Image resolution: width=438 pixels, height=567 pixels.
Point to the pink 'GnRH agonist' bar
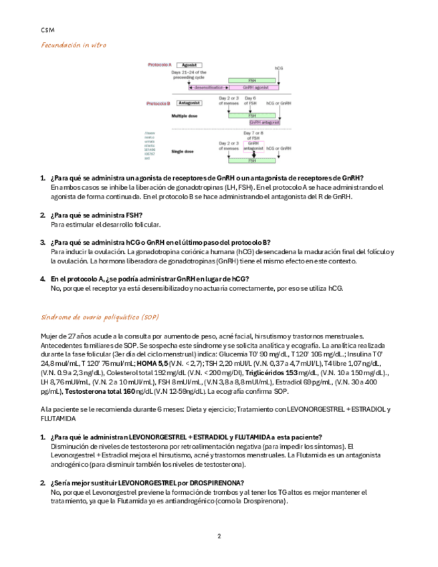click(256, 88)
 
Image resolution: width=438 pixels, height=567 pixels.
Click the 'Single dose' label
click(183, 152)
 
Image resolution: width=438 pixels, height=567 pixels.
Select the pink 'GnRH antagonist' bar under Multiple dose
click(264, 122)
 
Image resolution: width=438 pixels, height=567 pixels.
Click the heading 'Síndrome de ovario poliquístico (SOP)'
click(100, 316)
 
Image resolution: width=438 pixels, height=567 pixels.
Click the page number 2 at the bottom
click(219, 536)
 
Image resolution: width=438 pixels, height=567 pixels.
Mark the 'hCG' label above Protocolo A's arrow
click(279, 68)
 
